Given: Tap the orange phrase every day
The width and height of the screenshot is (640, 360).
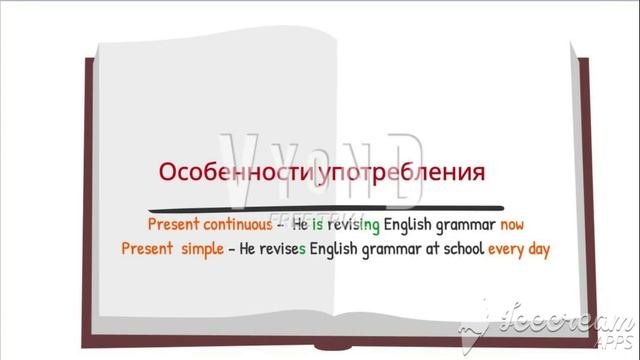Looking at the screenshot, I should coord(519,248).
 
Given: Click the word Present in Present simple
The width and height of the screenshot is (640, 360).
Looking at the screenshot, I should coord(148,248).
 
